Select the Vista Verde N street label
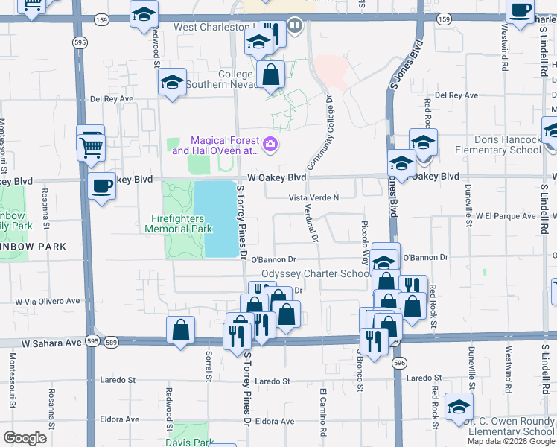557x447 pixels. [313, 197]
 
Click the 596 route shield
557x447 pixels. [400, 363]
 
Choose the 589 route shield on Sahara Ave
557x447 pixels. [111, 341]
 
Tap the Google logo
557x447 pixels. [24, 437]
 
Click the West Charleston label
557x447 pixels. [211, 27]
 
